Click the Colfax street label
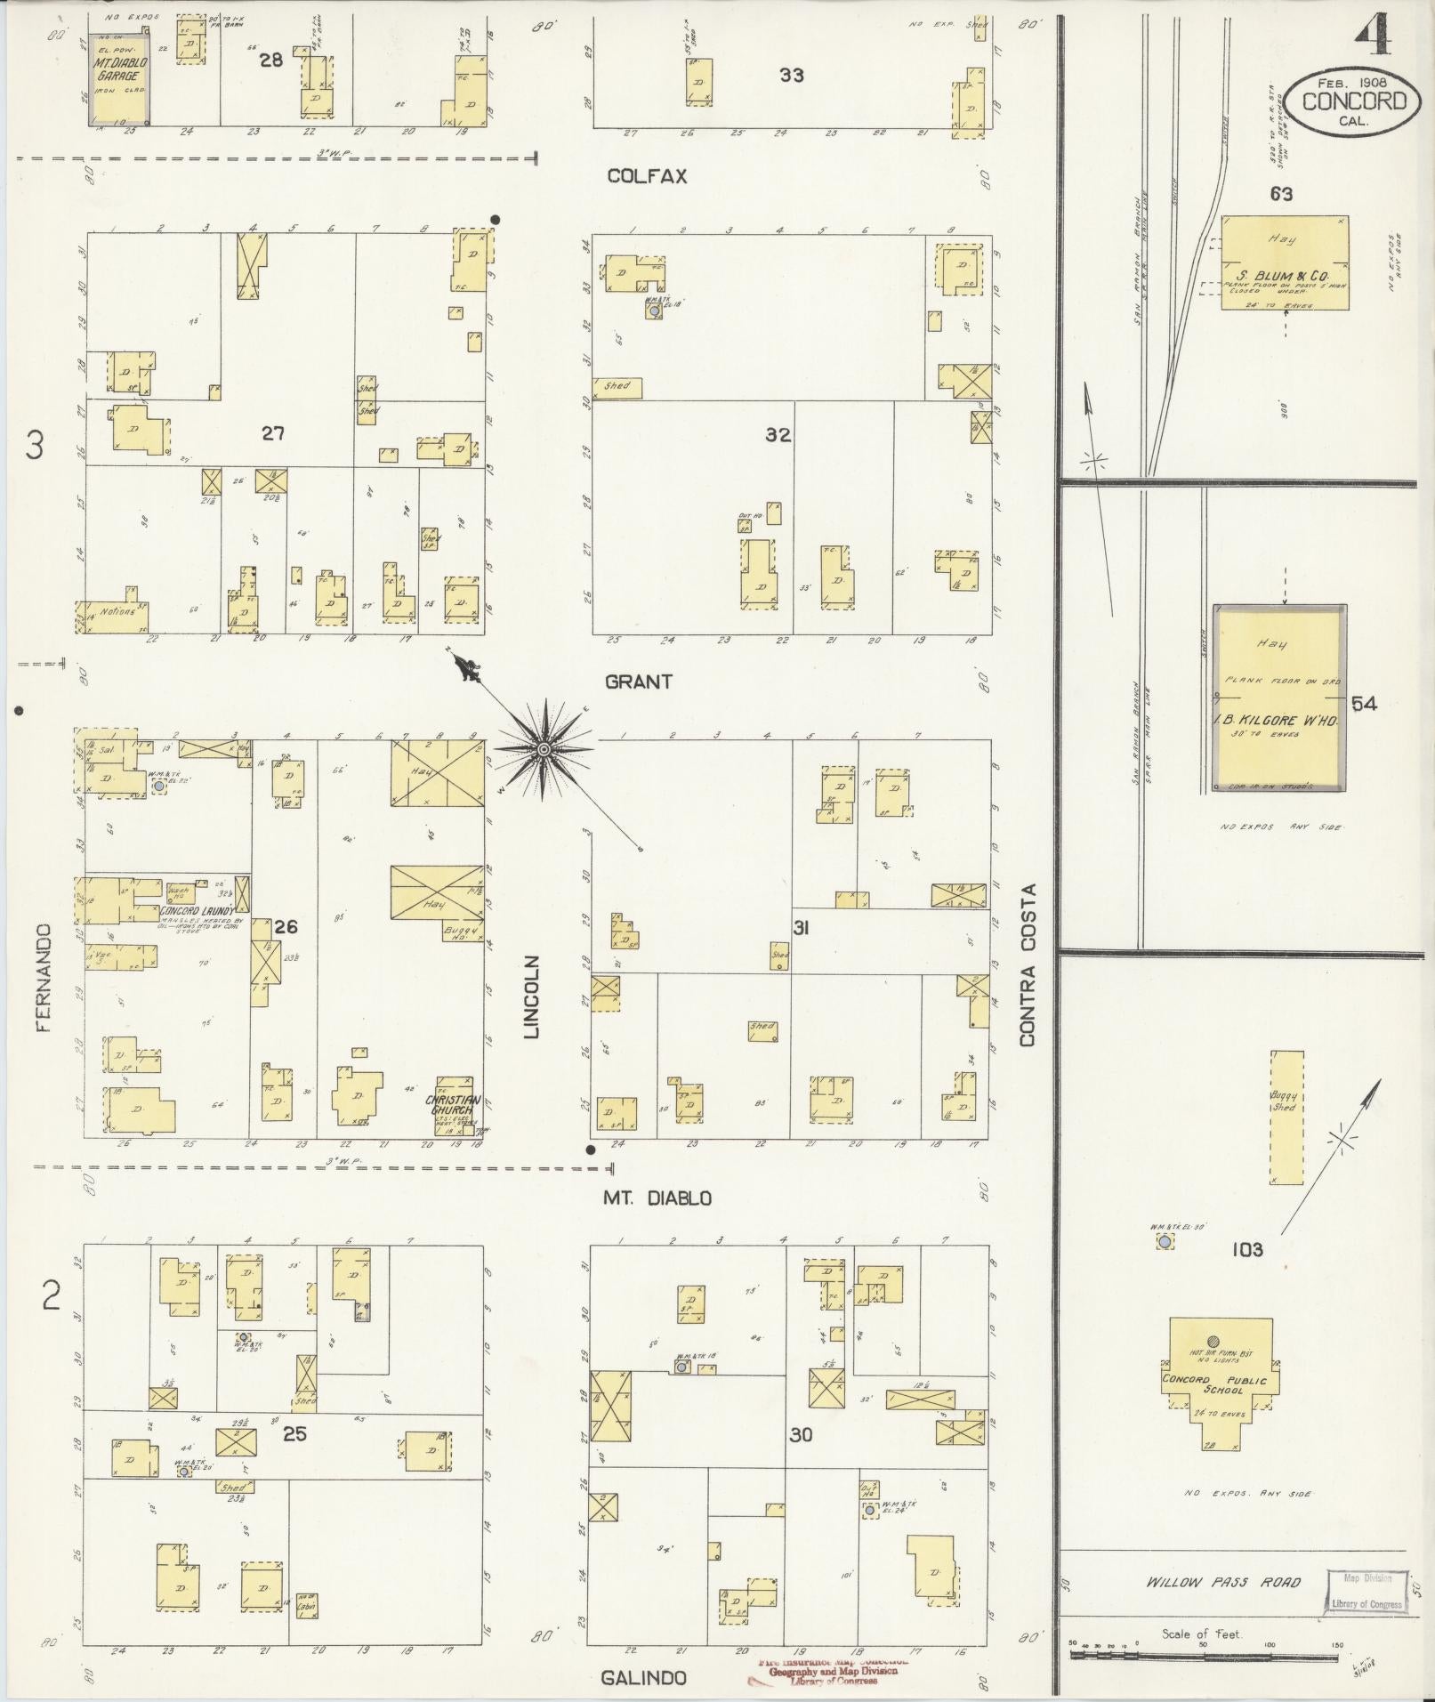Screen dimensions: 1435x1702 647,176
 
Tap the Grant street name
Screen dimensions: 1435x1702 638,682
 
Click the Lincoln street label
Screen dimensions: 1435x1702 532,997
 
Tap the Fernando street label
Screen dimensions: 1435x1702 44,977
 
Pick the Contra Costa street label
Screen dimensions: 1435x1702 1028,964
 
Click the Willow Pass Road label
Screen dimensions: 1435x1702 1222,1582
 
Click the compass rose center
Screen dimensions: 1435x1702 543,751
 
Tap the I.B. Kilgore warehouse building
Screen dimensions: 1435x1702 1278,698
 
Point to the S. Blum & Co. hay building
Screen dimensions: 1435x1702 1284,262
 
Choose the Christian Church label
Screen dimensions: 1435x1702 457,1105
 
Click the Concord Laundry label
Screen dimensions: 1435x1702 198,911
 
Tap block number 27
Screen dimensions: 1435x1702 272,433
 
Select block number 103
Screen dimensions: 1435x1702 1246,1250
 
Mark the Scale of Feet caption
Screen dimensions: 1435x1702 1201,1634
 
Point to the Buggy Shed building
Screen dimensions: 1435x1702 1286,1117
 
